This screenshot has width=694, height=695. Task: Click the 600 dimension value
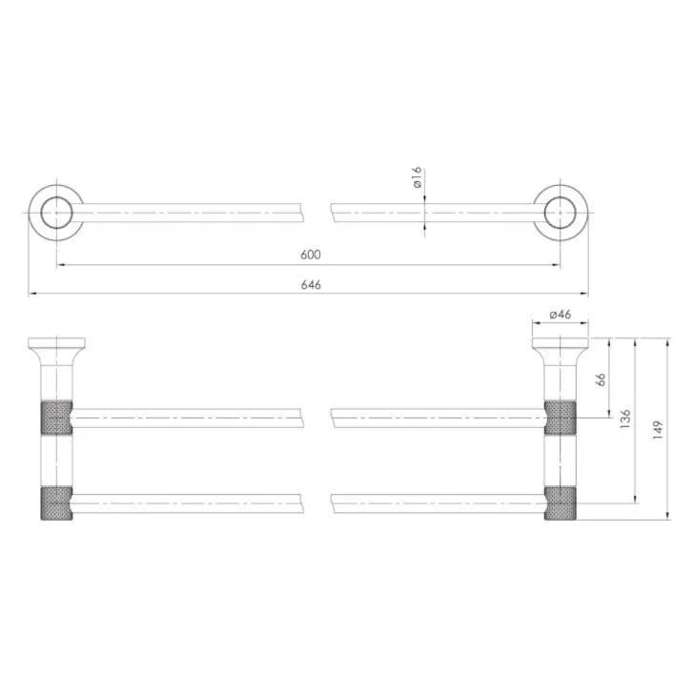(x=310, y=255)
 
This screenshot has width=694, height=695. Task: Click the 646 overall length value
(x=311, y=284)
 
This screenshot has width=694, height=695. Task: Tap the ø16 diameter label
(x=417, y=177)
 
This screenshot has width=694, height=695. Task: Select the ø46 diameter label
(x=561, y=315)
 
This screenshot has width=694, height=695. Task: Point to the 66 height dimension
(x=601, y=379)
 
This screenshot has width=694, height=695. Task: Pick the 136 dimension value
(x=624, y=419)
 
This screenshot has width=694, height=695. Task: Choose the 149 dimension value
(x=658, y=430)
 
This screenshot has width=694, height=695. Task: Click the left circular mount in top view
(x=56, y=213)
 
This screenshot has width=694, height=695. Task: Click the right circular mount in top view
(x=561, y=213)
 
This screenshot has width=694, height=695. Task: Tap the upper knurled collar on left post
(x=56, y=418)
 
